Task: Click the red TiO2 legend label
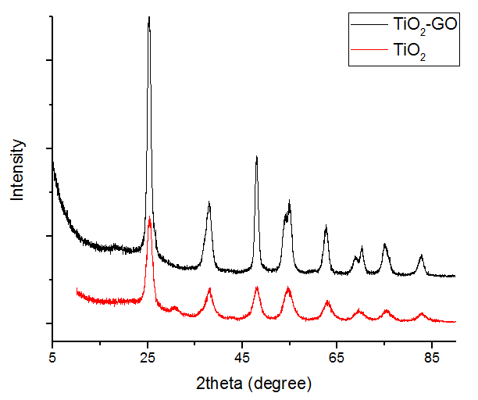click(x=411, y=51)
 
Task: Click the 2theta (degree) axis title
click(x=254, y=384)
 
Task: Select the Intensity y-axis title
click(x=18, y=170)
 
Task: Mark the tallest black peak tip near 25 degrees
click(x=148, y=17)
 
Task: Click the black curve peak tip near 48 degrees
click(x=256, y=157)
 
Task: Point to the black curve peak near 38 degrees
click(x=209, y=202)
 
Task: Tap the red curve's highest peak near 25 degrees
click(x=149, y=217)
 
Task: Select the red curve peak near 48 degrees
click(x=256, y=287)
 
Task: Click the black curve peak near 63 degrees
click(x=326, y=226)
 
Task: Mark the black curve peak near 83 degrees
click(x=421, y=255)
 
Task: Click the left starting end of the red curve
click(x=77, y=290)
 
